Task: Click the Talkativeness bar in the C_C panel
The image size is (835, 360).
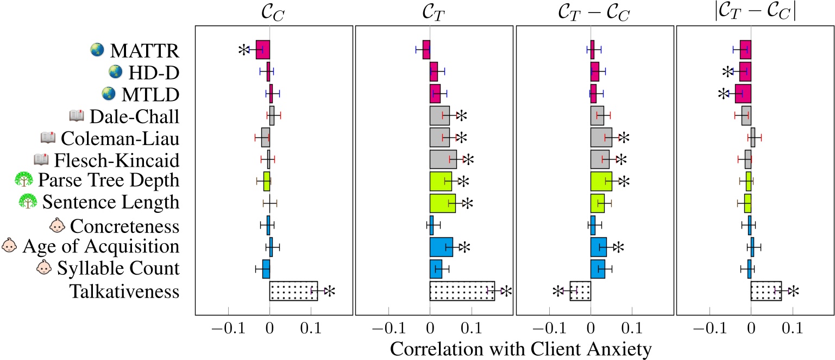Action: (x=293, y=291)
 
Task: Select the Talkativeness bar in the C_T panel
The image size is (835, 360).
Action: (x=462, y=291)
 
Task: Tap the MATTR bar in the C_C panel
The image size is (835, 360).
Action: (x=263, y=49)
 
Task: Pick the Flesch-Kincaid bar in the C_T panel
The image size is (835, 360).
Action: (x=443, y=160)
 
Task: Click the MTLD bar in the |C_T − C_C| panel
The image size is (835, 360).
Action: (x=743, y=94)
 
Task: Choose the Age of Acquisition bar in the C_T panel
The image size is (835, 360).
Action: (x=441, y=247)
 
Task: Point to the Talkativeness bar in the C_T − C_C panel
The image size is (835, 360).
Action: (x=580, y=291)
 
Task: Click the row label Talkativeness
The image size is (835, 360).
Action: (x=124, y=292)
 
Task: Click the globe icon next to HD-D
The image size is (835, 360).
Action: (x=115, y=71)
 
